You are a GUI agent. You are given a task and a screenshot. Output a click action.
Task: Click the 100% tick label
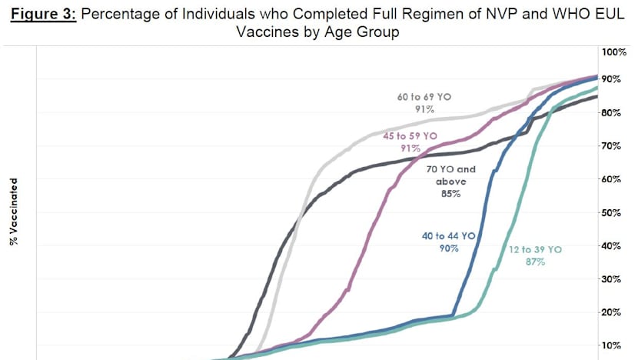point(614,52)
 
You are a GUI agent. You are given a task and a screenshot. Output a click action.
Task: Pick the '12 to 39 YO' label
point(536,250)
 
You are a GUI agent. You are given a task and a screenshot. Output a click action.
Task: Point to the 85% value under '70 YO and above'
point(450,194)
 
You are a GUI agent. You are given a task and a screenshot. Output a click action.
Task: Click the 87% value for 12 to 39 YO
point(535,262)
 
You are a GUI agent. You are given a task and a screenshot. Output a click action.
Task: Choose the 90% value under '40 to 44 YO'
point(450,248)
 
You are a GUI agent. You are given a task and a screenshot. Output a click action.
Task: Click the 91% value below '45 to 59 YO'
point(409,148)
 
